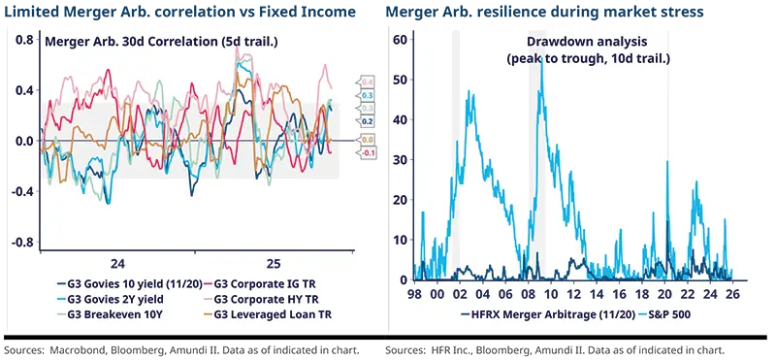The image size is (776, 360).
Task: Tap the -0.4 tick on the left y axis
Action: [22, 192]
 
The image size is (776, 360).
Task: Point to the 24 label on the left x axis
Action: [117, 263]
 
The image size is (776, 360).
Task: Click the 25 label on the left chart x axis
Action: [274, 263]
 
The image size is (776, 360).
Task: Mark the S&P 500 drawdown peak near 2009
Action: [540, 63]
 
